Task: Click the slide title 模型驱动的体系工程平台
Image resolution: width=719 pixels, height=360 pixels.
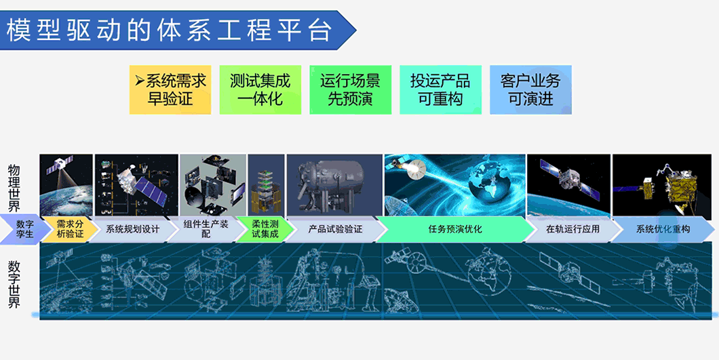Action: [x=169, y=30]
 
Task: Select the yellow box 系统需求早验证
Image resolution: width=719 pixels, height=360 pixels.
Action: [x=170, y=90]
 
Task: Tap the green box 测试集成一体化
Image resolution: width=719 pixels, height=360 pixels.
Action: [x=260, y=90]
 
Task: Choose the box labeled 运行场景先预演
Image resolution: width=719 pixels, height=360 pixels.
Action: [x=350, y=90]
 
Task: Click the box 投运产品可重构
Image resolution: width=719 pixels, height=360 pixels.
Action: [x=440, y=90]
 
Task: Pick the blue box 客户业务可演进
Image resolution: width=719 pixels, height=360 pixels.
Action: [x=530, y=90]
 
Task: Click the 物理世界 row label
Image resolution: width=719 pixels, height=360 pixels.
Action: [x=14, y=188]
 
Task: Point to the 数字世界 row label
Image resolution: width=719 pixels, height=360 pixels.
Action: [x=14, y=284]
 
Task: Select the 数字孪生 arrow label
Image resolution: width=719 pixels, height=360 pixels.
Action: [x=25, y=229]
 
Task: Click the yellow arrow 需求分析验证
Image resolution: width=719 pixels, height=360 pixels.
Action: [x=70, y=229]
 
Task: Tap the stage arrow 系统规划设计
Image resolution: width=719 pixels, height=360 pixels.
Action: [x=132, y=229]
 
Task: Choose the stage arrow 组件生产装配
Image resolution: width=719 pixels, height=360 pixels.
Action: [x=206, y=229]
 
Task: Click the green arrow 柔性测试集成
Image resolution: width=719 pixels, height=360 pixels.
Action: [x=265, y=229]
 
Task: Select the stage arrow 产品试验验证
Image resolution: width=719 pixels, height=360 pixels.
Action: [x=335, y=229]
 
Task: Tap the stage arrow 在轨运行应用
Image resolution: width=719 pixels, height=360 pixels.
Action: [x=572, y=229]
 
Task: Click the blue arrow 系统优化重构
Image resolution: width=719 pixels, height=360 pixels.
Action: [x=662, y=229]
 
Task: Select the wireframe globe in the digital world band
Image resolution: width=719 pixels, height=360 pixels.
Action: [x=487, y=270]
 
